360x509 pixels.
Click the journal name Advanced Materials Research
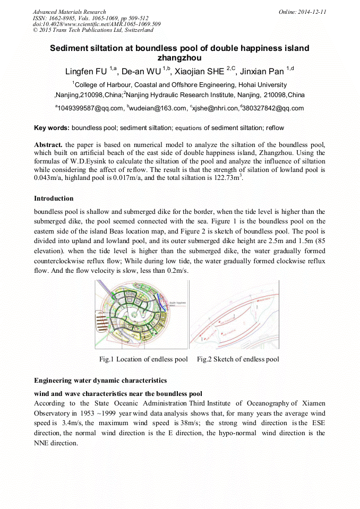coord(69,12)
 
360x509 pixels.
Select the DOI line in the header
coord(97,24)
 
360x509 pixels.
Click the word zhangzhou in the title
coord(179,58)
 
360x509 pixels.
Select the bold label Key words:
coord(52,128)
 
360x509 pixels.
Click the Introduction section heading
coord(54,199)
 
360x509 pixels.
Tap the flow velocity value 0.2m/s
coord(177,271)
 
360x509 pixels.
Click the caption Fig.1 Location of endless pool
coord(143,359)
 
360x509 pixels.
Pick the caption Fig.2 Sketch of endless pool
coord(238,359)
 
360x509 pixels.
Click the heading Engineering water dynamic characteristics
coord(100,381)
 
